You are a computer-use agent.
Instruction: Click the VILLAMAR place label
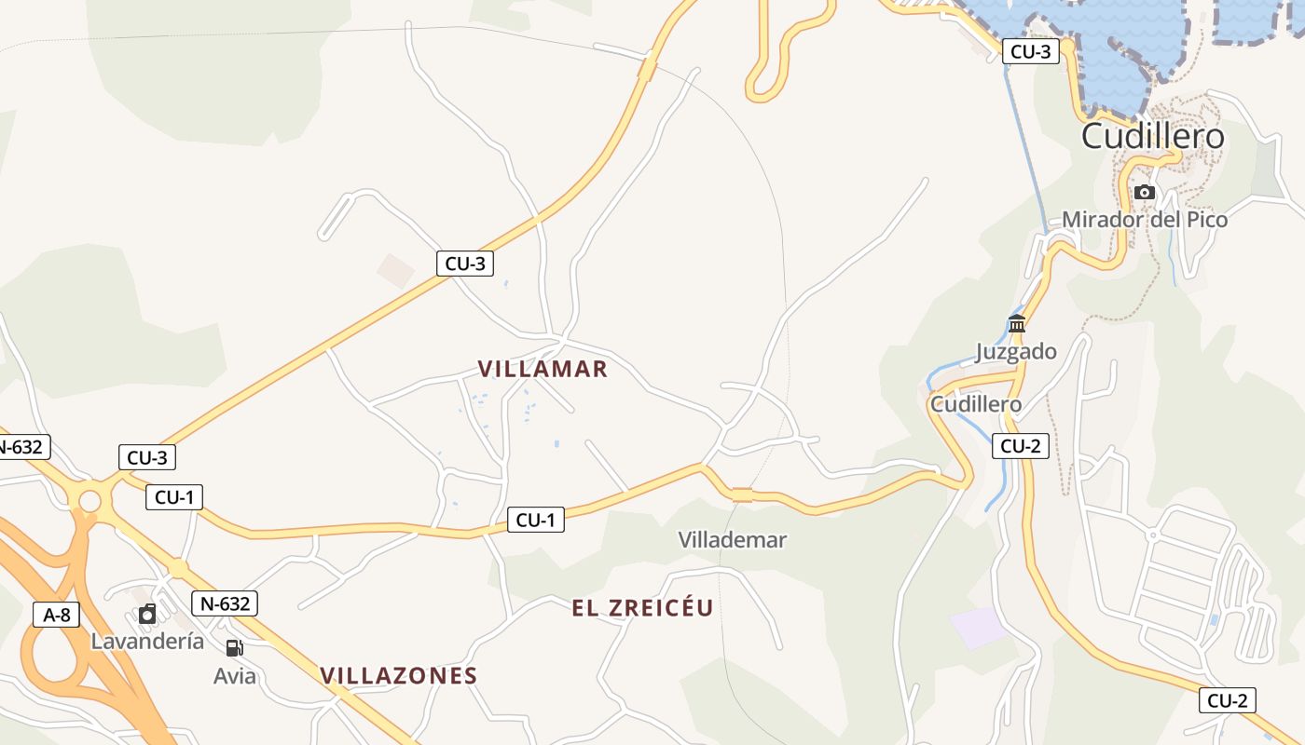pos(543,369)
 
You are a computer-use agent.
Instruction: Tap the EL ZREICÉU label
pos(642,608)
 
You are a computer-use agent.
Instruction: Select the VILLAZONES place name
pos(399,675)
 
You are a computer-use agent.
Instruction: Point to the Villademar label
pos(733,539)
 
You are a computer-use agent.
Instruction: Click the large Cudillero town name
pos(1152,137)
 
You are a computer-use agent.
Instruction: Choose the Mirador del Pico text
pos(1145,220)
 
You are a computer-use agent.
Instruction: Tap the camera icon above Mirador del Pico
pos(1145,193)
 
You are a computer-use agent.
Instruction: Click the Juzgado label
pos(1016,351)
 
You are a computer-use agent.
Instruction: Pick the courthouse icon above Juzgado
pos(1017,324)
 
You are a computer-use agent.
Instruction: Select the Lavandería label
pos(147,641)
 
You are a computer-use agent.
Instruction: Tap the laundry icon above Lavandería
pos(147,614)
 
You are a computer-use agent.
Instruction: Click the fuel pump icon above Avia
pos(234,648)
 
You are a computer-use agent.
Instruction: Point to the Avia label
pos(234,675)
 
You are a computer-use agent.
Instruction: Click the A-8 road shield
pos(57,615)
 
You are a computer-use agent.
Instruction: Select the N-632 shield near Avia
pos(225,603)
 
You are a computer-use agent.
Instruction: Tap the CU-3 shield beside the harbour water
pos(1031,51)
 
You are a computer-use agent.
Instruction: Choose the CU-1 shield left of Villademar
pos(536,520)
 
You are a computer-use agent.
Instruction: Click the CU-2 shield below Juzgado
pos(1020,446)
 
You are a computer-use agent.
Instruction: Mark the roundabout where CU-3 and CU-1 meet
pos(89,501)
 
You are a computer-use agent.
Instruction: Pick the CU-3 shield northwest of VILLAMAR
pos(465,264)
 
